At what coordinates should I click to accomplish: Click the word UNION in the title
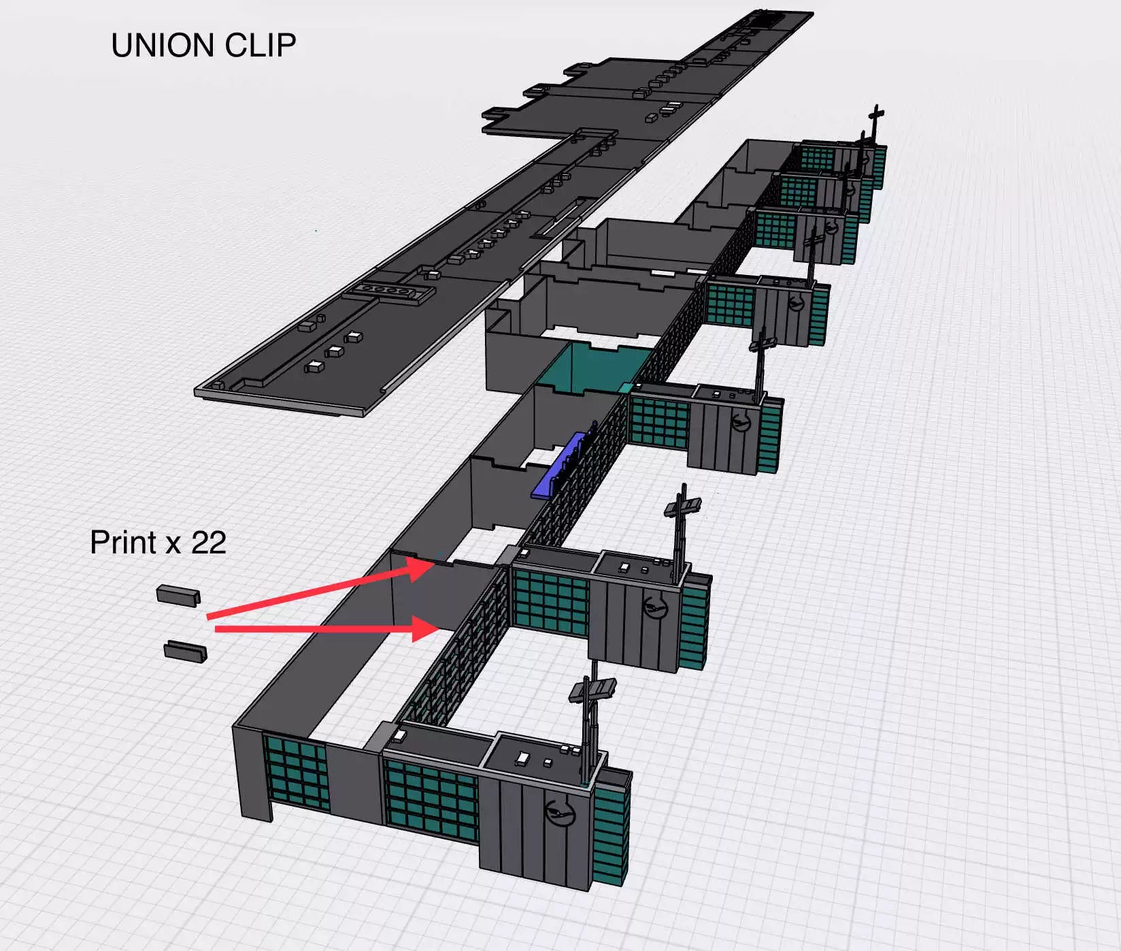tap(163, 46)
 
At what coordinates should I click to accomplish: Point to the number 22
tap(208, 543)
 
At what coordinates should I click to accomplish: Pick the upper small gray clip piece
tap(178, 595)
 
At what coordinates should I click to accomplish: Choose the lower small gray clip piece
tap(185, 651)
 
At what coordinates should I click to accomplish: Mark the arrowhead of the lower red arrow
tap(427, 628)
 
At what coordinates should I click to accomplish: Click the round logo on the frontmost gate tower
tap(560, 812)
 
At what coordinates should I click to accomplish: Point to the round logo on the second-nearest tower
tap(655, 605)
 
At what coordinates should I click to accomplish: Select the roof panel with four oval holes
tap(388, 291)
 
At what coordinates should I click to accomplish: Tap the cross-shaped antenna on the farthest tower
tap(876, 123)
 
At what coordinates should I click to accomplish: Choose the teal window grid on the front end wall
tap(296, 773)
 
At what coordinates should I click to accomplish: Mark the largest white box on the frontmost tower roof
tap(523, 757)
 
